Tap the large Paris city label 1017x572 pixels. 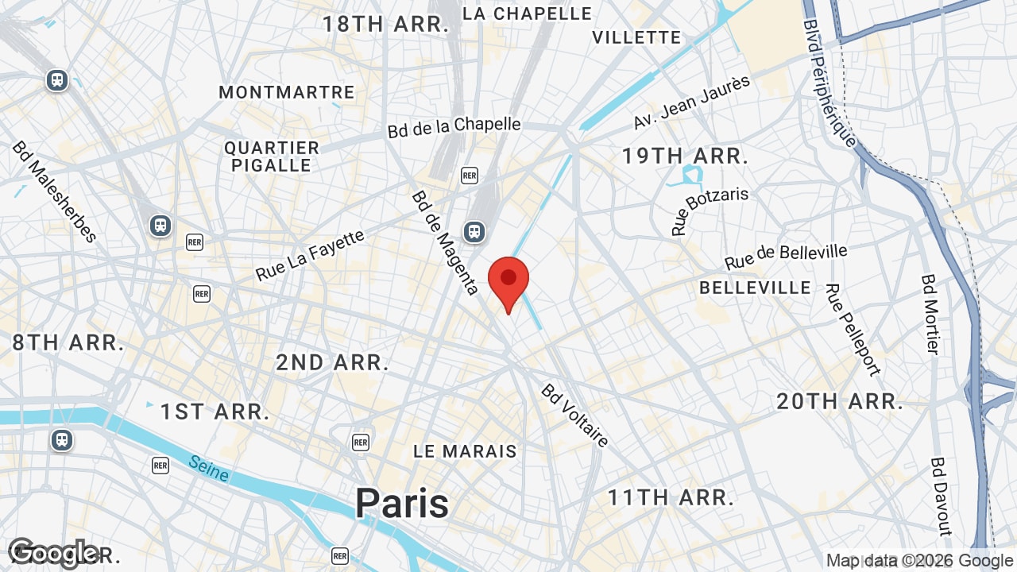click(x=402, y=503)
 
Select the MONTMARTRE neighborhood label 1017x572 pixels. click(x=286, y=92)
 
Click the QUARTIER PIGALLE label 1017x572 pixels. click(x=272, y=157)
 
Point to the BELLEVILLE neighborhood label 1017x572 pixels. click(x=755, y=288)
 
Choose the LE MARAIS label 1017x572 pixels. click(x=465, y=451)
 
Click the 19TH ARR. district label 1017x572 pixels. click(x=685, y=156)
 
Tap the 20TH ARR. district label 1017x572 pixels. click(x=840, y=401)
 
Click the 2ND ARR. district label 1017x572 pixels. click(x=332, y=363)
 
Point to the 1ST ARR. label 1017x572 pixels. click(x=215, y=412)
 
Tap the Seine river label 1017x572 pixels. click(x=209, y=468)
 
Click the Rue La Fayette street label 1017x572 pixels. click(x=310, y=255)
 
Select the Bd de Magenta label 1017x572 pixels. click(x=445, y=242)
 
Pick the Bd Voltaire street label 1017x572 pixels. click(x=575, y=415)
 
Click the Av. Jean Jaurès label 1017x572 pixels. click(x=691, y=102)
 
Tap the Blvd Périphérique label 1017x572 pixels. click(x=829, y=83)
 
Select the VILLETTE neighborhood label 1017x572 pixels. click(x=636, y=37)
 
